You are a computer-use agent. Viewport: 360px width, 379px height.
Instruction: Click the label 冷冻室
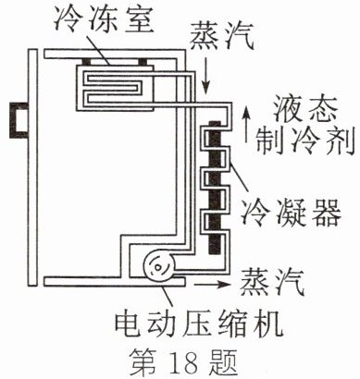tap(105, 19)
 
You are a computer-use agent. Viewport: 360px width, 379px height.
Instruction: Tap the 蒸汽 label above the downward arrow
tap(221, 38)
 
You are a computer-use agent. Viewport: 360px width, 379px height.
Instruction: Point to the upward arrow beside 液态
tap(246, 125)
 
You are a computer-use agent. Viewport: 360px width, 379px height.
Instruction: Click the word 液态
tap(304, 109)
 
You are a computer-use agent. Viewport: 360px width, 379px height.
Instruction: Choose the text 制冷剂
tap(304, 141)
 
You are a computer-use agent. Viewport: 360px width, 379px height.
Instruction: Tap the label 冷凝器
tap(291, 213)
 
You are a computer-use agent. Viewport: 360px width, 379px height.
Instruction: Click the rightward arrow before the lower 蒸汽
tap(212, 284)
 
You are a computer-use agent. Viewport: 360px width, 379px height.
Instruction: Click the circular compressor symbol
tap(159, 266)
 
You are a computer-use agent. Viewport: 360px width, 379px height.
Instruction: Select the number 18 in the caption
tap(183, 362)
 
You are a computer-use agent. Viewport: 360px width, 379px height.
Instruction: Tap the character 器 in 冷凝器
tap(326, 213)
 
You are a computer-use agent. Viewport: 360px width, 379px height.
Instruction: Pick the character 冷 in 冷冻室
tap(69, 19)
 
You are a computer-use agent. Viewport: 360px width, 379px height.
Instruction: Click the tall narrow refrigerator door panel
tap(32, 167)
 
